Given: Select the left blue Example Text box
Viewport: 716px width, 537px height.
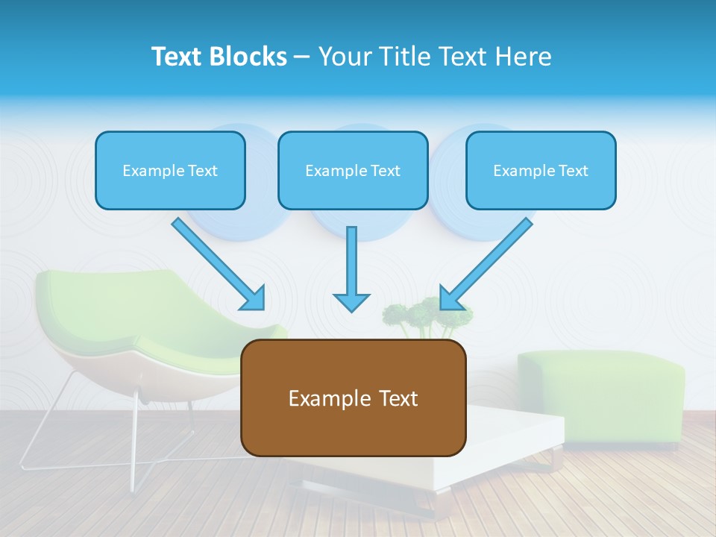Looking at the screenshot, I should click(170, 170).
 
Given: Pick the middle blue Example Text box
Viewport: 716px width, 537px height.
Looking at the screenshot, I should click(353, 170).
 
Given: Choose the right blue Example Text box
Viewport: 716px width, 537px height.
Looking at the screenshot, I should click(541, 170).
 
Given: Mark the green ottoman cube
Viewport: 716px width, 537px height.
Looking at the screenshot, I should click(601, 395).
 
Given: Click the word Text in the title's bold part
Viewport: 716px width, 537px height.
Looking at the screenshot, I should click(176, 57).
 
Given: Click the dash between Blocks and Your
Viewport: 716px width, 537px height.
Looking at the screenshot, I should click(302, 57).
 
